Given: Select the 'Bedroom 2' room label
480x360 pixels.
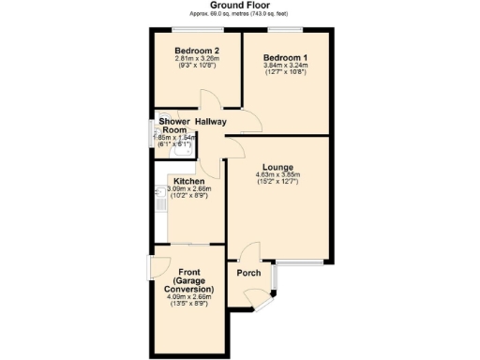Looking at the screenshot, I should (197, 51).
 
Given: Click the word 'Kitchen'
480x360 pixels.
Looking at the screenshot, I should (189, 180).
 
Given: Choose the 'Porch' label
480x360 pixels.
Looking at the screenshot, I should (248, 274).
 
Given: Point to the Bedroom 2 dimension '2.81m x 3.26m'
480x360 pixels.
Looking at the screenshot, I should (197, 59).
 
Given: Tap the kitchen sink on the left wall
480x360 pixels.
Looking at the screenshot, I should (158, 194).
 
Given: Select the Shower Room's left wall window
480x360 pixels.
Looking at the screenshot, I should (151, 131).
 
